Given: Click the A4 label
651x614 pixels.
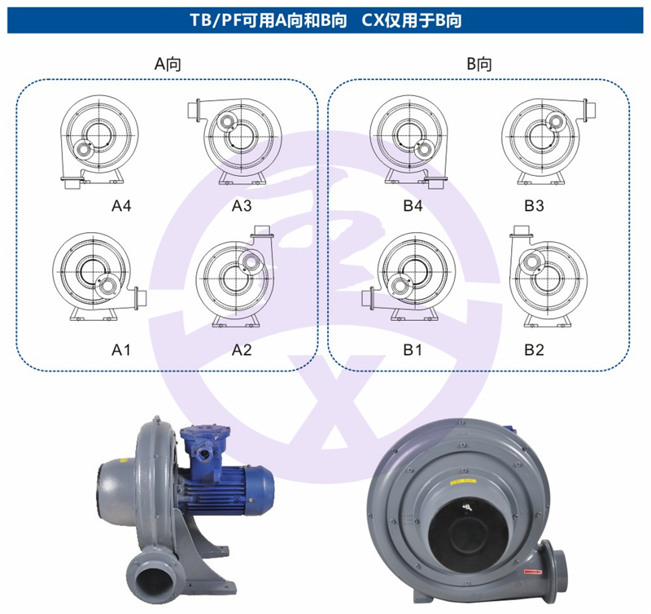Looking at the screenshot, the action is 121,206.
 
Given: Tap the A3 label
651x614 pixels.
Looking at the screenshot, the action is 242,206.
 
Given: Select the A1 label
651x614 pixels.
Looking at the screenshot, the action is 121,350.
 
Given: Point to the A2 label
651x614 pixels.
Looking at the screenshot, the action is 242,350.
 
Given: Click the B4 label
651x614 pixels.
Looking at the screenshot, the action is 413,206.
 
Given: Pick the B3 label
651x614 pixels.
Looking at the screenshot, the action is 534,206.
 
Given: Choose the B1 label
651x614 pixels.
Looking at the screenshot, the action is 413,350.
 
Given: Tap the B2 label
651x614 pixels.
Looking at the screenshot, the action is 534,350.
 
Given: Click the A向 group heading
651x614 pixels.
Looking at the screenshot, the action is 168,64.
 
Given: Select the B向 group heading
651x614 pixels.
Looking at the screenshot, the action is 479,64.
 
